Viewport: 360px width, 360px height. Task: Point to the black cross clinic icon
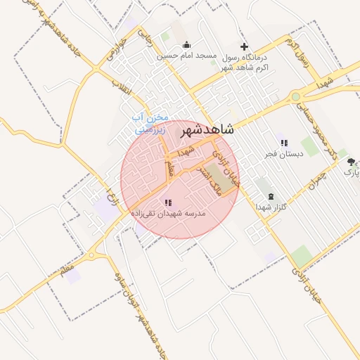pos(244,46)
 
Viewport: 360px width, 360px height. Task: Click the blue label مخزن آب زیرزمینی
pos(151,123)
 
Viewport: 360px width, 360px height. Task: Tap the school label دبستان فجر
pos(283,154)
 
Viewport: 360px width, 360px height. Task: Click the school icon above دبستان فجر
pos(283,143)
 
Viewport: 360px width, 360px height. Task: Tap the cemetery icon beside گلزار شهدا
pos(271,195)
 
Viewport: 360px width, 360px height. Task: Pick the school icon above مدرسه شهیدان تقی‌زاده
pos(167,202)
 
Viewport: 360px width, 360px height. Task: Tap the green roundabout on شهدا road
pos(295,97)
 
